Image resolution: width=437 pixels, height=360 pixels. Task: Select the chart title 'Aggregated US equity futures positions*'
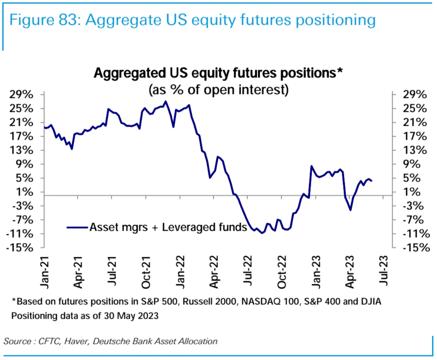[x=218, y=73]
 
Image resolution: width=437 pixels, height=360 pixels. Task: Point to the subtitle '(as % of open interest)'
[x=218, y=90]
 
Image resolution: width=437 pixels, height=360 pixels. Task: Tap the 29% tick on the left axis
[x=21, y=94]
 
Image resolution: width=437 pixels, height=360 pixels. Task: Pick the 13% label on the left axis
[x=21, y=150]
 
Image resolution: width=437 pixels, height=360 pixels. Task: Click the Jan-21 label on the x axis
[x=45, y=272]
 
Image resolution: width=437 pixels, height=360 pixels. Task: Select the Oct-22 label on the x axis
[x=282, y=272]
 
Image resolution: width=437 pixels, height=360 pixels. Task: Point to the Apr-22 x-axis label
[x=214, y=272]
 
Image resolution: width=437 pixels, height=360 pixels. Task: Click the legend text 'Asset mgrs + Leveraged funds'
[x=168, y=227]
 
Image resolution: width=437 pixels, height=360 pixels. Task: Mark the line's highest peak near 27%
[x=165, y=101]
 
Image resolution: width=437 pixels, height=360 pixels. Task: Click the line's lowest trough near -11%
[x=262, y=233]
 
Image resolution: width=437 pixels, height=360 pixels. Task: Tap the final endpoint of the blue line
[x=371, y=181]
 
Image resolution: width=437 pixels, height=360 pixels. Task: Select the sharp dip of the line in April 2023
[x=350, y=210]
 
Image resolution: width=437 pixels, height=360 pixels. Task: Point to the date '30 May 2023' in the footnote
[x=131, y=316]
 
